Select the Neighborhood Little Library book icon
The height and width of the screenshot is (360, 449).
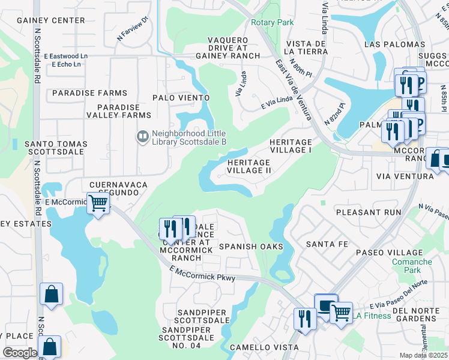pos(143,137)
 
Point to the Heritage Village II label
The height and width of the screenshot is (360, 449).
pos(249,166)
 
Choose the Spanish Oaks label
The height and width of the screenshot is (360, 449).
pos(250,247)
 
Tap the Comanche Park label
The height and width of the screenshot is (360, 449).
pos(412,266)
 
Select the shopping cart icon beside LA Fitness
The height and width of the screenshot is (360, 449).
pos(341,311)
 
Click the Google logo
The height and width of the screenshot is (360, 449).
pos(20,353)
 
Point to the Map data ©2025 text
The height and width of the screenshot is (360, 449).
pos(423,355)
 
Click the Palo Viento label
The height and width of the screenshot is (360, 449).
pos(181,98)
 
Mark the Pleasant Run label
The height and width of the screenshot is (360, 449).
pos(368,212)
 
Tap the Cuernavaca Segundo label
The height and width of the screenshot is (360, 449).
pos(114,188)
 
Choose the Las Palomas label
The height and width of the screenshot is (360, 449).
pos(394,45)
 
